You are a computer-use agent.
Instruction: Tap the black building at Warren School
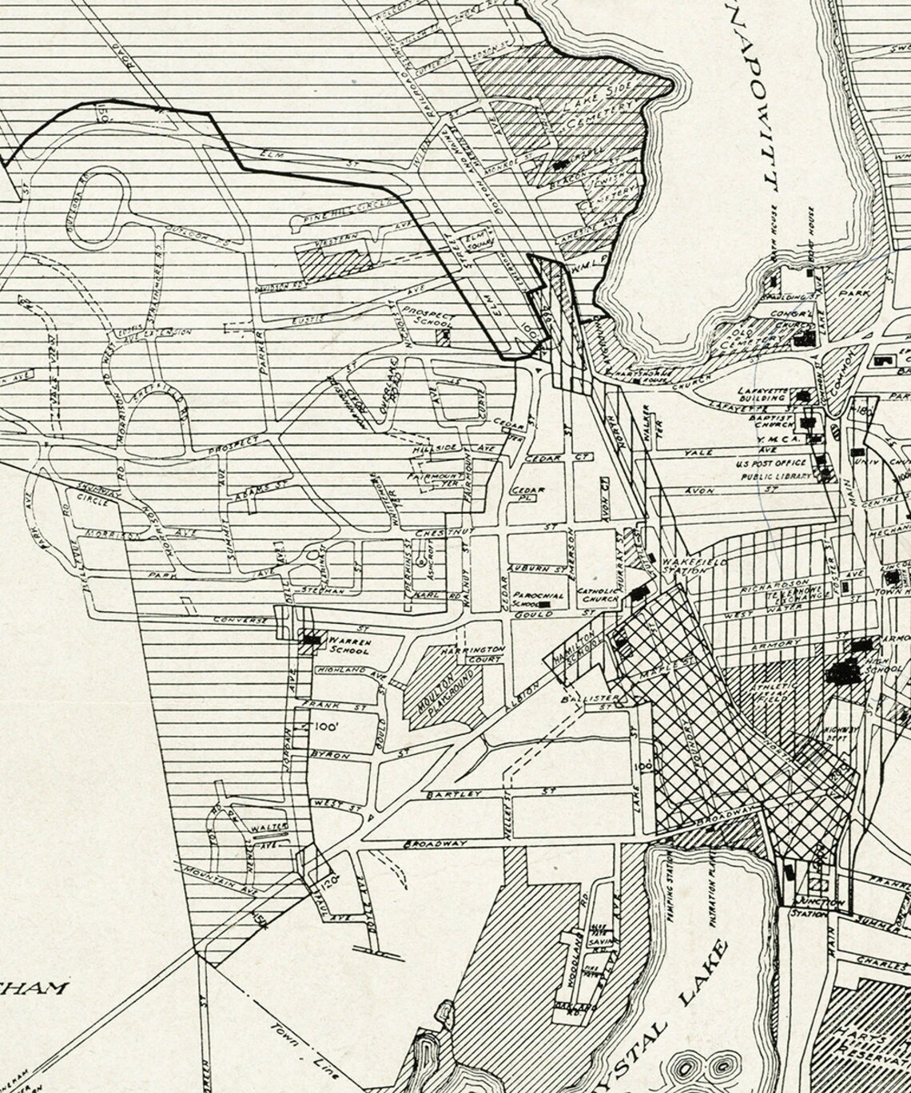tap(311, 639)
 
